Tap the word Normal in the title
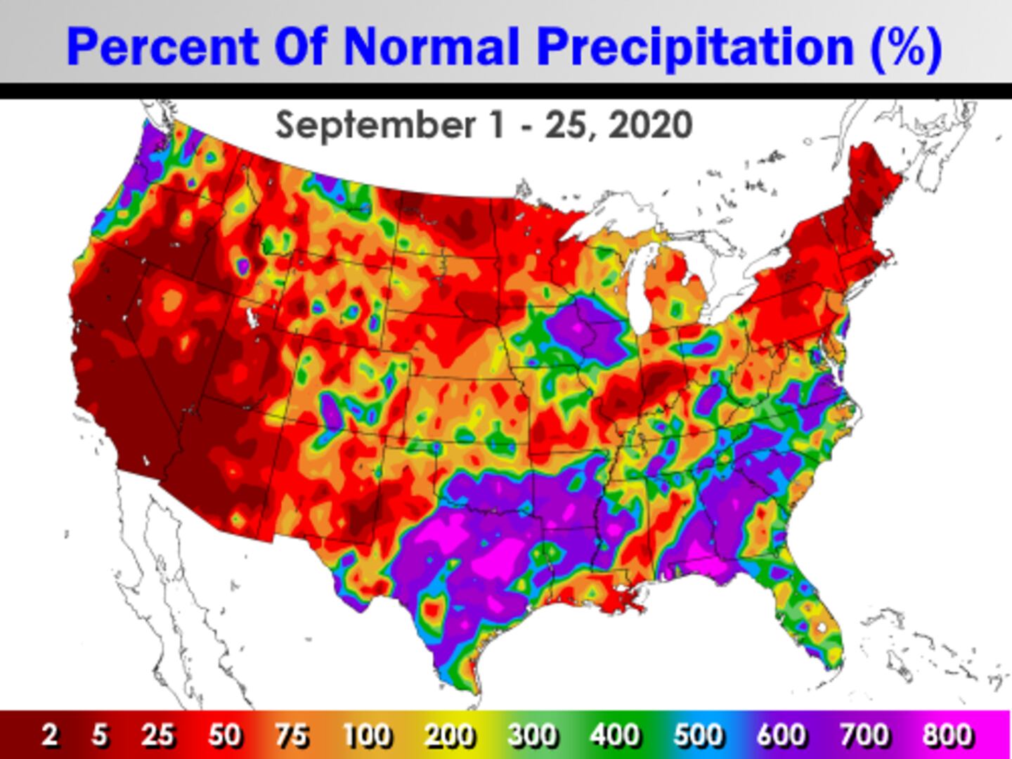coord(431,47)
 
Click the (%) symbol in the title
coord(906,47)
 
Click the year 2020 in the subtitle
coord(650,126)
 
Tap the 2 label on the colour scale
coord(49,735)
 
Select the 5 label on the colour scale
coord(100,735)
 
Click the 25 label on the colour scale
coord(157,735)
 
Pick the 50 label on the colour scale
coord(225,735)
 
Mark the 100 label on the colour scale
coord(367,735)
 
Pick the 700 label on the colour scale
coord(864,735)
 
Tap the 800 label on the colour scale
coord(947,735)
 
